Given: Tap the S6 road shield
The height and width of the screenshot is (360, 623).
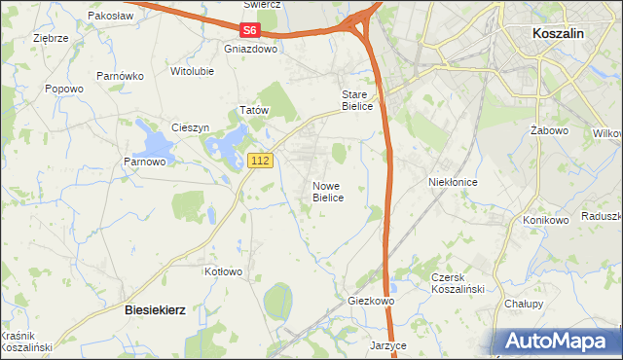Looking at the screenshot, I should pyautogui.click(x=252, y=31).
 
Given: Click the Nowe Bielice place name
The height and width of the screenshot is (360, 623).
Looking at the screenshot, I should pyautogui.click(x=328, y=191).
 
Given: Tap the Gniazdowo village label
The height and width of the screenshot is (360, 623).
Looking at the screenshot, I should pyautogui.click(x=250, y=48).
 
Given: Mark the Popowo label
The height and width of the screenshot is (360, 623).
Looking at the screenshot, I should pyautogui.click(x=64, y=89).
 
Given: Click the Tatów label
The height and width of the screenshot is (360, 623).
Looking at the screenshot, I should pyautogui.click(x=253, y=111).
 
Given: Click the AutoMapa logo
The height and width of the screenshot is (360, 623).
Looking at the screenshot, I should pyautogui.click(x=558, y=341).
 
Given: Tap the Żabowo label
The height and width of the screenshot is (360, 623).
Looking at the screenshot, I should pyautogui.click(x=549, y=129).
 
